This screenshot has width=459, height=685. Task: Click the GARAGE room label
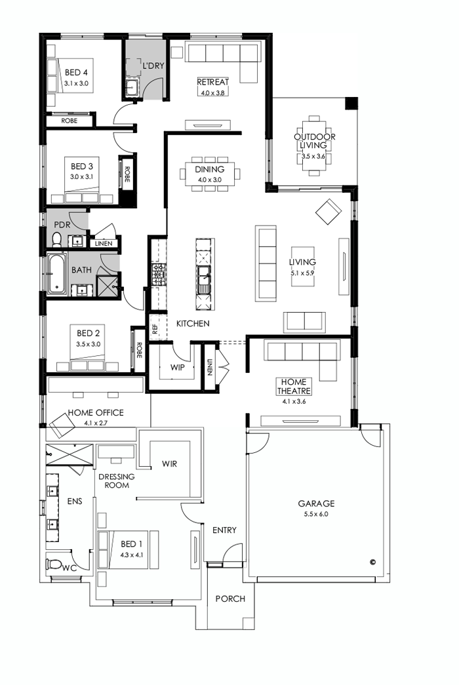tap(316, 503)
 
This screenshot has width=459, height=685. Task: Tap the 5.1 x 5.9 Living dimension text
tap(302, 273)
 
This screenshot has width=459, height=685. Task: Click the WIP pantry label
tap(177, 367)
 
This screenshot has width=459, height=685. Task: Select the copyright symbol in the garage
tap(372, 561)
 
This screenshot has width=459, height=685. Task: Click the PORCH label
tap(230, 598)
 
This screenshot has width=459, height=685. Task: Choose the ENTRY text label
tap(224, 530)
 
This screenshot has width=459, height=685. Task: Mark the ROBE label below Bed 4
tap(70, 121)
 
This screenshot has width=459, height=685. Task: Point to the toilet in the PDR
tap(56, 239)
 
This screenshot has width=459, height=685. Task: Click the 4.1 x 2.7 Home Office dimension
tap(94, 423)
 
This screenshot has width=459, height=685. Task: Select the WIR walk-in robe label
tap(170, 464)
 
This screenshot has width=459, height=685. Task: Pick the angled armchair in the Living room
tap(329, 212)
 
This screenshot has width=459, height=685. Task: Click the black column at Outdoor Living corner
tap(351, 104)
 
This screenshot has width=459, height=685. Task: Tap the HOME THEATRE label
tap(296, 386)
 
